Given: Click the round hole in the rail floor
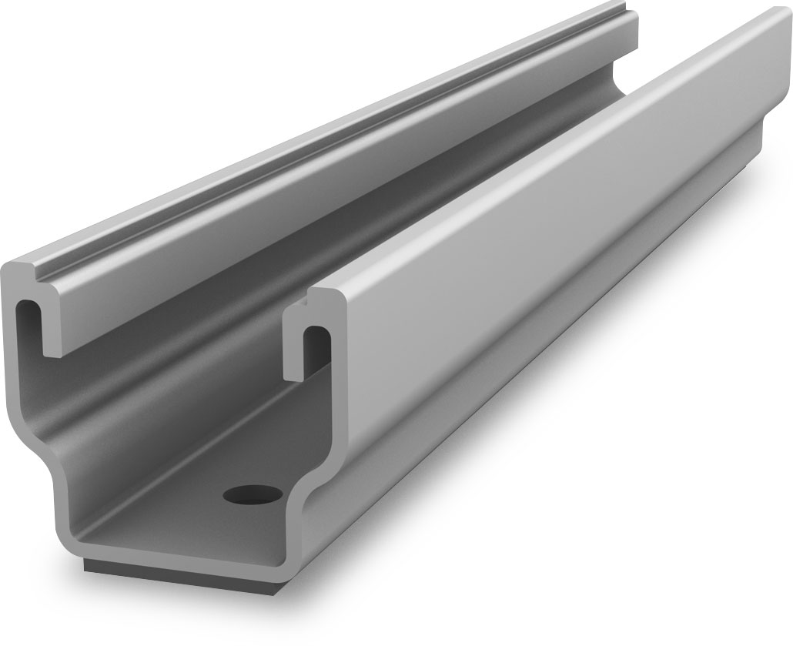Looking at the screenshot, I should point(252,494).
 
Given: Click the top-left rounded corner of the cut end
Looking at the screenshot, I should point(9,270).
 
